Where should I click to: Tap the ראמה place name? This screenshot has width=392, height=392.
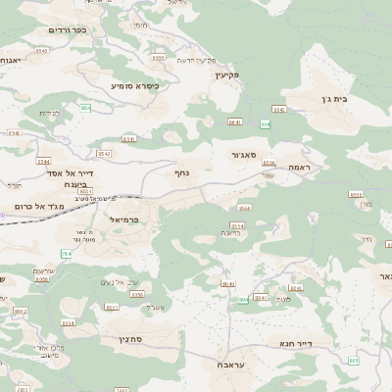[x=299, y=168]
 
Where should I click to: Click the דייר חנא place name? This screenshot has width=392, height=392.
[x=315, y=344]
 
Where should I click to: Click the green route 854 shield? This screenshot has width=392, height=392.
[x=85, y=107]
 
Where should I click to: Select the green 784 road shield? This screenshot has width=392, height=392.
[x=66, y=255]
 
